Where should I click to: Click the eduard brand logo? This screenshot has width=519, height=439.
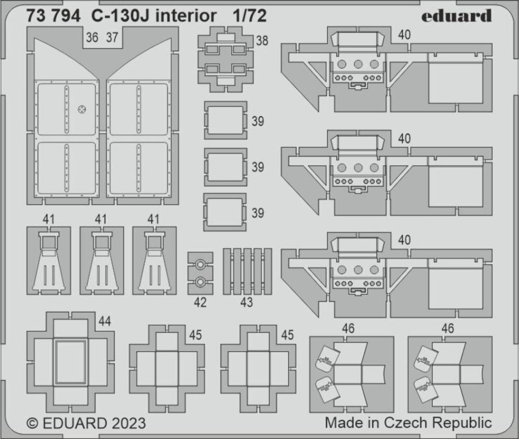456,16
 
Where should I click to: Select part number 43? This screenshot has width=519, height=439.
246,302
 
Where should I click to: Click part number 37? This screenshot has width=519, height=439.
112,38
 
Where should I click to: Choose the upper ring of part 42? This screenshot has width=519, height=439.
200,265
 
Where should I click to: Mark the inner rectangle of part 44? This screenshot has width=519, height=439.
71,362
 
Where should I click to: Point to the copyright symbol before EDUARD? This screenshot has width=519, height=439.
33,424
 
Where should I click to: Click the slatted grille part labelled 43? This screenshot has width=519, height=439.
247,272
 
